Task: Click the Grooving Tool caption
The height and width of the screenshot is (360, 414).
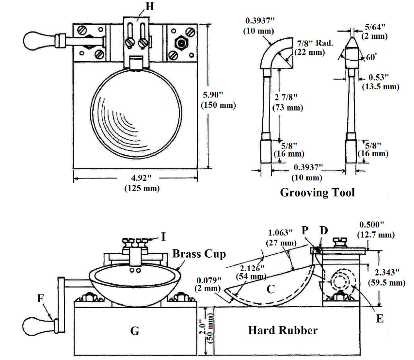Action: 318,193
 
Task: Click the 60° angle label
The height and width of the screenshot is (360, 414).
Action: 371,57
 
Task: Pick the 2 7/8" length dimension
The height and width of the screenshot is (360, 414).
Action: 288,97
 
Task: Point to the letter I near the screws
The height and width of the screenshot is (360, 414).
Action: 163,236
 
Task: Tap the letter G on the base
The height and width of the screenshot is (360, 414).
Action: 135,331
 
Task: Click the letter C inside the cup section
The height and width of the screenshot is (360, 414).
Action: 271,289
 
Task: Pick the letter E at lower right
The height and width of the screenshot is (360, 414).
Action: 380,319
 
